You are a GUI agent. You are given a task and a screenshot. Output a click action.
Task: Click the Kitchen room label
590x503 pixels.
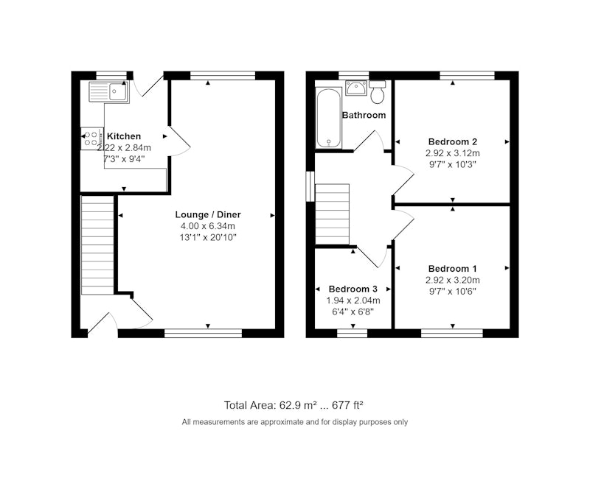coord(124,136)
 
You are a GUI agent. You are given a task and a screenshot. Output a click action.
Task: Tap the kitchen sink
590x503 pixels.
coord(108,92)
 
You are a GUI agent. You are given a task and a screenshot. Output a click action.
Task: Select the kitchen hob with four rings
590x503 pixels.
coord(91,138)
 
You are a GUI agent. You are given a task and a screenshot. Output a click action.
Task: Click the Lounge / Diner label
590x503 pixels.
coord(208,214)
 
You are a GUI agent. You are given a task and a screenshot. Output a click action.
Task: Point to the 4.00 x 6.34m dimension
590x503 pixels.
coord(208,226)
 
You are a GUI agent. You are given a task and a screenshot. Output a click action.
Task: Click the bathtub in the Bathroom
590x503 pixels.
coord(329,118)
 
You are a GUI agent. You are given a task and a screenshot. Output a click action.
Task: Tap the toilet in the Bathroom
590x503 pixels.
coord(378,91)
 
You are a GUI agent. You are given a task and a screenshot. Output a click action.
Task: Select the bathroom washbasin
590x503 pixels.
coord(356,88)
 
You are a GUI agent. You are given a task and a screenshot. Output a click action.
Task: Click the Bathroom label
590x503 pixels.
coord(364,115)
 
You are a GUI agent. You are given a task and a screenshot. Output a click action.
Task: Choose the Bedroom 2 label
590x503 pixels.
coord(453,141)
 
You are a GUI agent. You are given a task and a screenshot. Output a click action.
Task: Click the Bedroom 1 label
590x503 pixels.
coord(453,269)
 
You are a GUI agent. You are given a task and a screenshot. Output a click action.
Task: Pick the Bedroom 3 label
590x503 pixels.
coord(353,289)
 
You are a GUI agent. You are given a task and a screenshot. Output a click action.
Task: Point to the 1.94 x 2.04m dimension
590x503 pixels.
coord(353,300)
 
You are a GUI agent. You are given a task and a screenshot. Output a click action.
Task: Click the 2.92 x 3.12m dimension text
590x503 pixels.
coord(453,153)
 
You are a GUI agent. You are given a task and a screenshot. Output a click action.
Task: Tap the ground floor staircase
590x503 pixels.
coord(97,245)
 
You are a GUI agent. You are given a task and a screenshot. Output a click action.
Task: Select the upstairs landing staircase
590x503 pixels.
coord(333,214)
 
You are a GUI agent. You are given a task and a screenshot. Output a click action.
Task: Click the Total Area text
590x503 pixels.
coord(294,405)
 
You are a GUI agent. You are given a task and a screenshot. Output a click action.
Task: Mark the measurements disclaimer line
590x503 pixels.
coord(294,422)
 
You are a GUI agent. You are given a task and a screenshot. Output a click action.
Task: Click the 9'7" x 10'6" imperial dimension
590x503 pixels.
coord(453,291)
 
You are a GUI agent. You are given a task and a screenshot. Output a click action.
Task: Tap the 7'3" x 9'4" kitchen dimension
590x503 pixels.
coord(124,159)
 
